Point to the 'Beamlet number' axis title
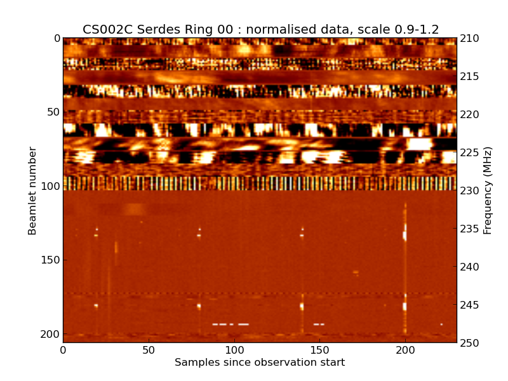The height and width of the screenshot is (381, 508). pos(32,190)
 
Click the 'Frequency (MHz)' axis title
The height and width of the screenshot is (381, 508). pos(488,190)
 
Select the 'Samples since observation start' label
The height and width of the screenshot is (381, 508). pos(260,363)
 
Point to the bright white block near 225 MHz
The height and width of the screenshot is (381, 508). pos(418,144)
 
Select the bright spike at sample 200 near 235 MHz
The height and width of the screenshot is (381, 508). pos(404,233)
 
